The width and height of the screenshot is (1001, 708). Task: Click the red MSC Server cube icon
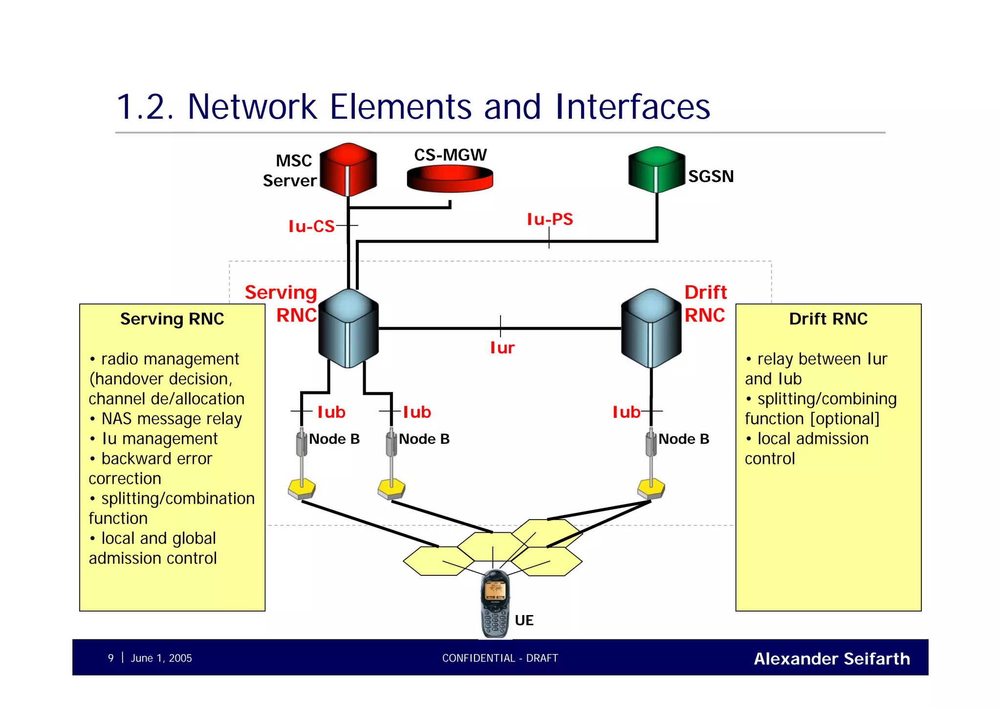click(348, 169)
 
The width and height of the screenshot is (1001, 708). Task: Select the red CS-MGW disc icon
click(450, 178)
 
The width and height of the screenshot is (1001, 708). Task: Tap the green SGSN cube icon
click(656, 169)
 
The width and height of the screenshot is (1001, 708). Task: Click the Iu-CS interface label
click(311, 226)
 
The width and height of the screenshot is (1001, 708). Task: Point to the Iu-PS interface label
click(549, 219)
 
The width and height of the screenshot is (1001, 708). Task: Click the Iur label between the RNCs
click(502, 348)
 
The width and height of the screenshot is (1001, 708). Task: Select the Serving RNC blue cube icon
click(348, 328)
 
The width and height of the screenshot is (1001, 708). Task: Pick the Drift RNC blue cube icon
click(651, 328)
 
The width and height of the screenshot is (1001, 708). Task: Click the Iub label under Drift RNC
click(626, 412)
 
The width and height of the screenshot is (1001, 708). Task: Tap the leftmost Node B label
click(334, 439)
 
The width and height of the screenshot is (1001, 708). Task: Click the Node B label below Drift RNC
click(683, 439)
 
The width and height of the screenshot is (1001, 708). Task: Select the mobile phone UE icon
click(495, 604)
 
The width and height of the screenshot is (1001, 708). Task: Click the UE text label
click(524, 620)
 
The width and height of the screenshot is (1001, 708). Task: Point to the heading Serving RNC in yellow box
click(172, 319)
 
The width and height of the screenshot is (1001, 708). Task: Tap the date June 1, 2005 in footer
click(161, 658)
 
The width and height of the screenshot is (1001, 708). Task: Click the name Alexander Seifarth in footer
click(831, 659)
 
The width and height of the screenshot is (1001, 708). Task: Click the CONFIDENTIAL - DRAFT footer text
click(500, 658)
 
